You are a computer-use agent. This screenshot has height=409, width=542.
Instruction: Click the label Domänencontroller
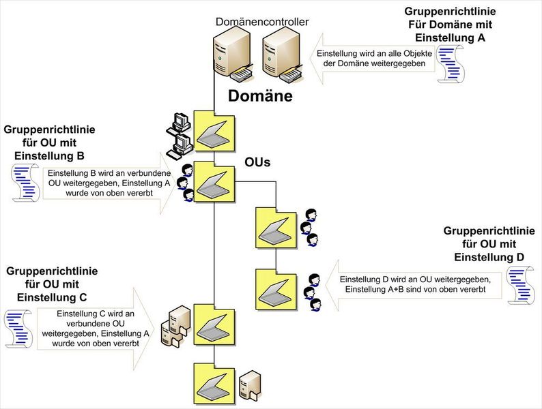pyautogui.click(x=261, y=22)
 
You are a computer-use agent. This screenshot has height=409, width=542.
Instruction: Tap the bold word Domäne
pyautogui.click(x=260, y=96)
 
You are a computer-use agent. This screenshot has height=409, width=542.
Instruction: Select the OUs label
pyautogui.click(x=258, y=162)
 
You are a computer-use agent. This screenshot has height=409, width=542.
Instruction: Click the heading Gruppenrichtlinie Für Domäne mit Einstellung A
pyautogui.click(x=450, y=25)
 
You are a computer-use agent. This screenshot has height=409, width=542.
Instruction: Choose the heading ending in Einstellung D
pyautogui.click(x=489, y=244)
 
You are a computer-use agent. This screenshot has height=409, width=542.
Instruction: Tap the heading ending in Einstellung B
pyautogui.click(x=49, y=141)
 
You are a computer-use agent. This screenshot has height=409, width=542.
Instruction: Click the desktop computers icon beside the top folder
pyautogui.click(x=180, y=133)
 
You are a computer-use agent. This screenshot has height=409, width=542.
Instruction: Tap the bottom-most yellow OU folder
pyautogui.click(x=214, y=382)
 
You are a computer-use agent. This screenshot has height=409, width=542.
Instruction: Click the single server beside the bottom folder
pyautogui.click(x=251, y=387)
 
